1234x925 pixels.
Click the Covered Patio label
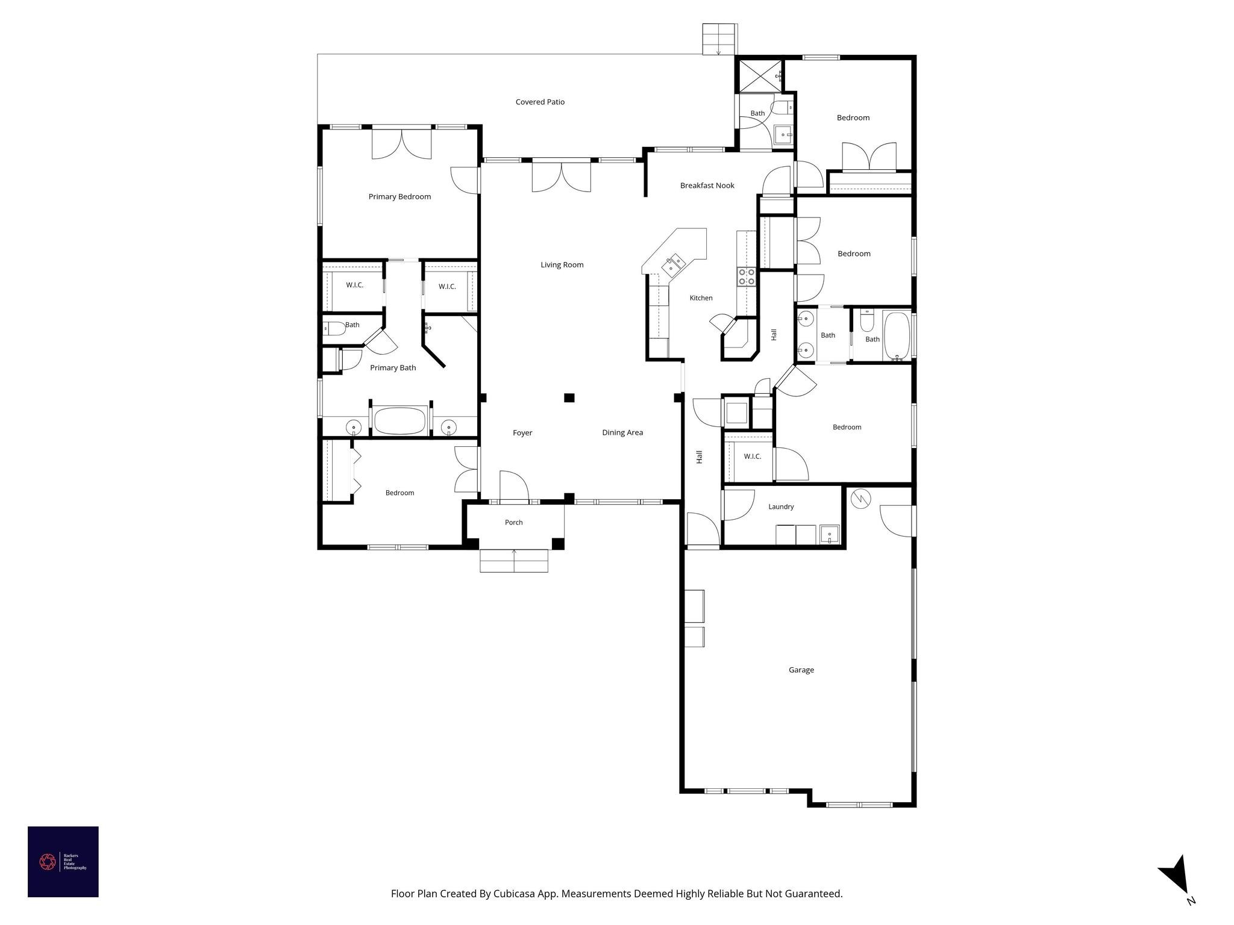click(x=540, y=102)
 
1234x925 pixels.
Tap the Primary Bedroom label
click(x=399, y=196)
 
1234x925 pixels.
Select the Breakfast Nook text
click(x=707, y=185)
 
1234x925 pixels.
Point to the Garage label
click(x=801, y=670)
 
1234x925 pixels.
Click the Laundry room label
click(x=781, y=506)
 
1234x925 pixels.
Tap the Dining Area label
click(x=622, y=432)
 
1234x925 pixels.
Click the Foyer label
click(x=522, y=433)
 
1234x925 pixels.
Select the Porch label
click(x=513, y=522)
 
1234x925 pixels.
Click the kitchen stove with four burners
click(x=747, y=277)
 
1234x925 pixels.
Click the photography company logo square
click(x=63, y=862)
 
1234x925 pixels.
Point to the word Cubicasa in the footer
click(x=515, y=894)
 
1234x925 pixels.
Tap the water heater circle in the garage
click(x=860, y=498)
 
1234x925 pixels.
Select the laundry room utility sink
click(x=830, y=535)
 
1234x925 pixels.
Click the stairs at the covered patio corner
click(x=719, y=39)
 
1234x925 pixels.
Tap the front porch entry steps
click(x=514, y=561)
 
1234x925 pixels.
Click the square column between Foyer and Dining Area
click(x=569, y=397)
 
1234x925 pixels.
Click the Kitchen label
click(x=701, y=298)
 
